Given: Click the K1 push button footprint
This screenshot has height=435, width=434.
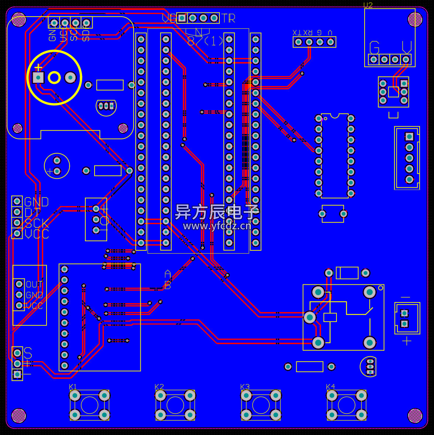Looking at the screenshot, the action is click(89, 405).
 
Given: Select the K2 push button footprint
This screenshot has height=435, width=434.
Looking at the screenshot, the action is click(175, 405).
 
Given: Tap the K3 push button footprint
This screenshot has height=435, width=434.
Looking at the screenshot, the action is click(261, 405).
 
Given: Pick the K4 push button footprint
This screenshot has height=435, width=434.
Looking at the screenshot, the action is click(346, 405).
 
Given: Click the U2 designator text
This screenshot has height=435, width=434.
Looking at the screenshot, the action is click(368, 5).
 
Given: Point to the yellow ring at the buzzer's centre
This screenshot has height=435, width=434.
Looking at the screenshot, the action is click(54, 78).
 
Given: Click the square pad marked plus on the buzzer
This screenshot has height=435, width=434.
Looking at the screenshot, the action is click(38, 78).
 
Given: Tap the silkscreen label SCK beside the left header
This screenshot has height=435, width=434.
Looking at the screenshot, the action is click(37, 223).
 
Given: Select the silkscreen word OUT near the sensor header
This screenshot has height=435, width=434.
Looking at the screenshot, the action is click(34, 284).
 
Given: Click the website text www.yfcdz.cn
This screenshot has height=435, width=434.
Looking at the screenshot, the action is click(217, 226).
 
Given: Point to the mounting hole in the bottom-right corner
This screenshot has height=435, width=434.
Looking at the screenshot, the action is click(415, 416).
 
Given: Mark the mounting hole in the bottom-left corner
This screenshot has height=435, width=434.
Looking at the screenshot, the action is click(19, 416).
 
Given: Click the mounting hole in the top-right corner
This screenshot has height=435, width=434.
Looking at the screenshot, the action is click(415, 20).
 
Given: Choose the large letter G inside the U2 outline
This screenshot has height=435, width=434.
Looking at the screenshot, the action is click(375, 48).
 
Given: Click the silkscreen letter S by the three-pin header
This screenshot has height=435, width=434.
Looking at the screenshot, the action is click(28, 353).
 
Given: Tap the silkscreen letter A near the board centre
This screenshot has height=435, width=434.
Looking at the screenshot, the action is click(168, 274).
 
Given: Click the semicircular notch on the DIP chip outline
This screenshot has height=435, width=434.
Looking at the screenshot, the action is click(335, 116).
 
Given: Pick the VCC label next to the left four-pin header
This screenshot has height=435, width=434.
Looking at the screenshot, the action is click(37, 234).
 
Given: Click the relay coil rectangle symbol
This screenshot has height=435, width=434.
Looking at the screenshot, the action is click(330, 317).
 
